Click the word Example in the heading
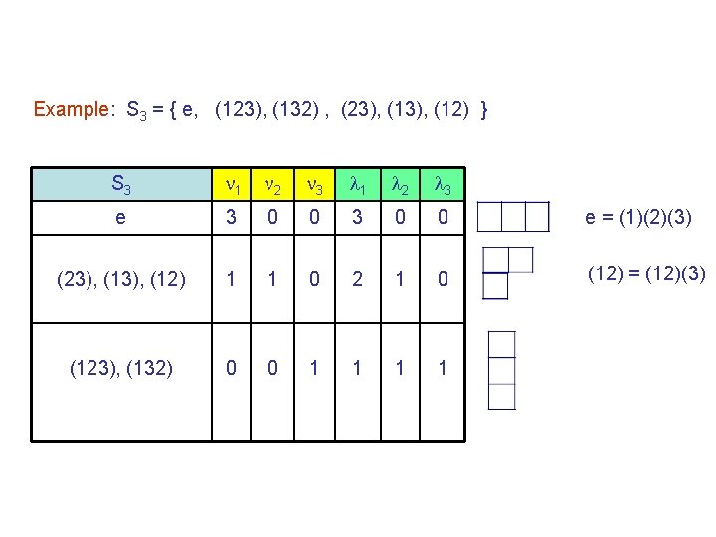[x=72, y=109]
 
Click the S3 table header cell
[x=120, y=184]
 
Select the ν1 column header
[x=232, y=184]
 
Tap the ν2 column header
[x=272, y=184]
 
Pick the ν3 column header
[x=314, y=184]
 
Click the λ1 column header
[x=356, y=184]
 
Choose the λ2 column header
[x=398, y=184]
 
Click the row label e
[x=120, y=218]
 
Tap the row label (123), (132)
[x=120, y=368]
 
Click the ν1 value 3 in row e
[x=232, y=218]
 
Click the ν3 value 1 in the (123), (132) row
[x=314, y=368]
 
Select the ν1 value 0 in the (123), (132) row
[x=232, y=368]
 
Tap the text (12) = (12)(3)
[x=645, y=272]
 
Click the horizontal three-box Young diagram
[x=513, y=216]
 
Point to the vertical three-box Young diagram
[x=502, y=370]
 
